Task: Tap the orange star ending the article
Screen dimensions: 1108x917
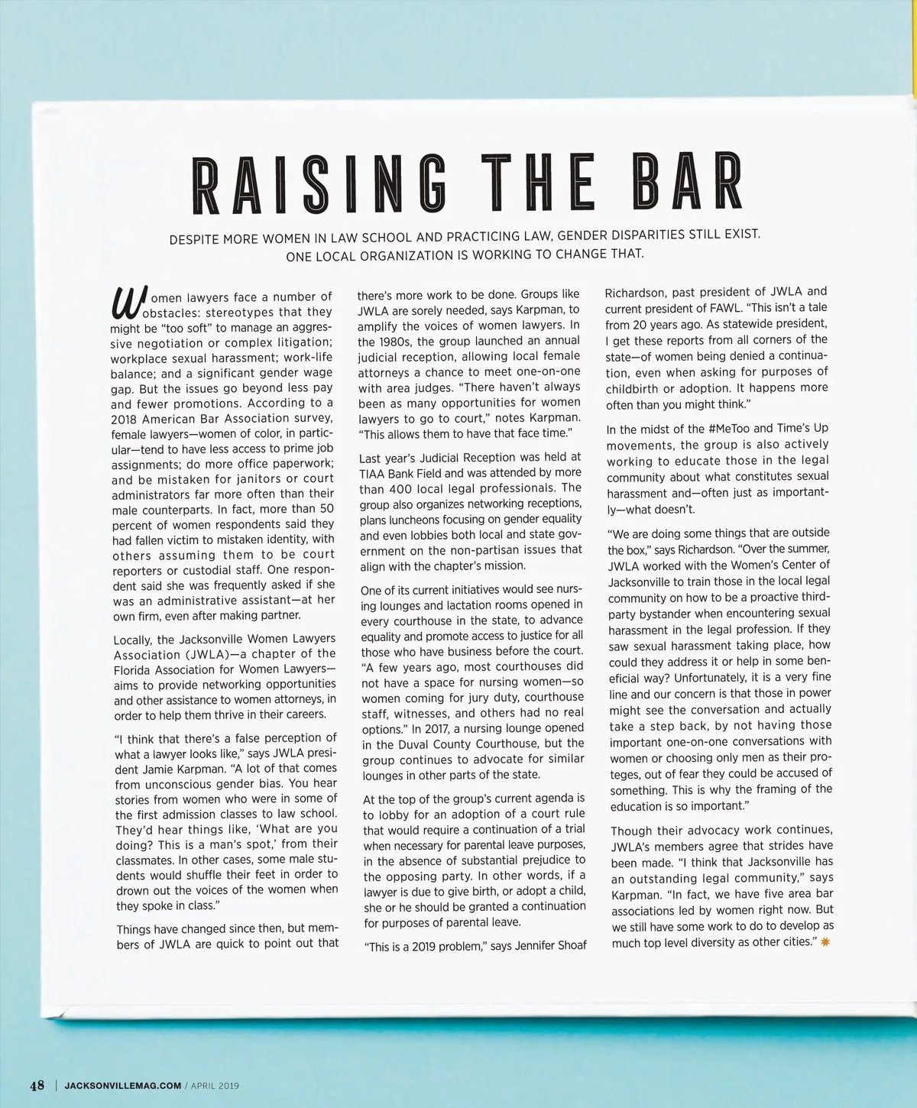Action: tap(825, 941)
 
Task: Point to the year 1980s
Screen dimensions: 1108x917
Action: tap(394, 342)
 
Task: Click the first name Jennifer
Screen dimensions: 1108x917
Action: tap(540, 946)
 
